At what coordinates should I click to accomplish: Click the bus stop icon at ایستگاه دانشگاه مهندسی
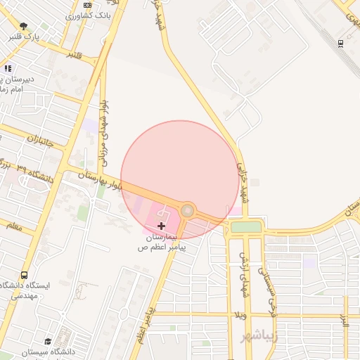(x=25, y=275)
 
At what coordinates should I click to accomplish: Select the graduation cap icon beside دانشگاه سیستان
(x=48, y=340)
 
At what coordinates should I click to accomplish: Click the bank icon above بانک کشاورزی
(x=87, y=5)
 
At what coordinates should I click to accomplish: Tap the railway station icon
(x=340, y=42)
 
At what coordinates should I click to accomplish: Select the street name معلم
(x=12, y=226)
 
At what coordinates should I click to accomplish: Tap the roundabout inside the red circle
(x=188, y=210)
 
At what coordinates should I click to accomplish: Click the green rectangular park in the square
(x=245, y=226)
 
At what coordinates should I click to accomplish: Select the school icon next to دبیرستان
(x=8, y=68)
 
